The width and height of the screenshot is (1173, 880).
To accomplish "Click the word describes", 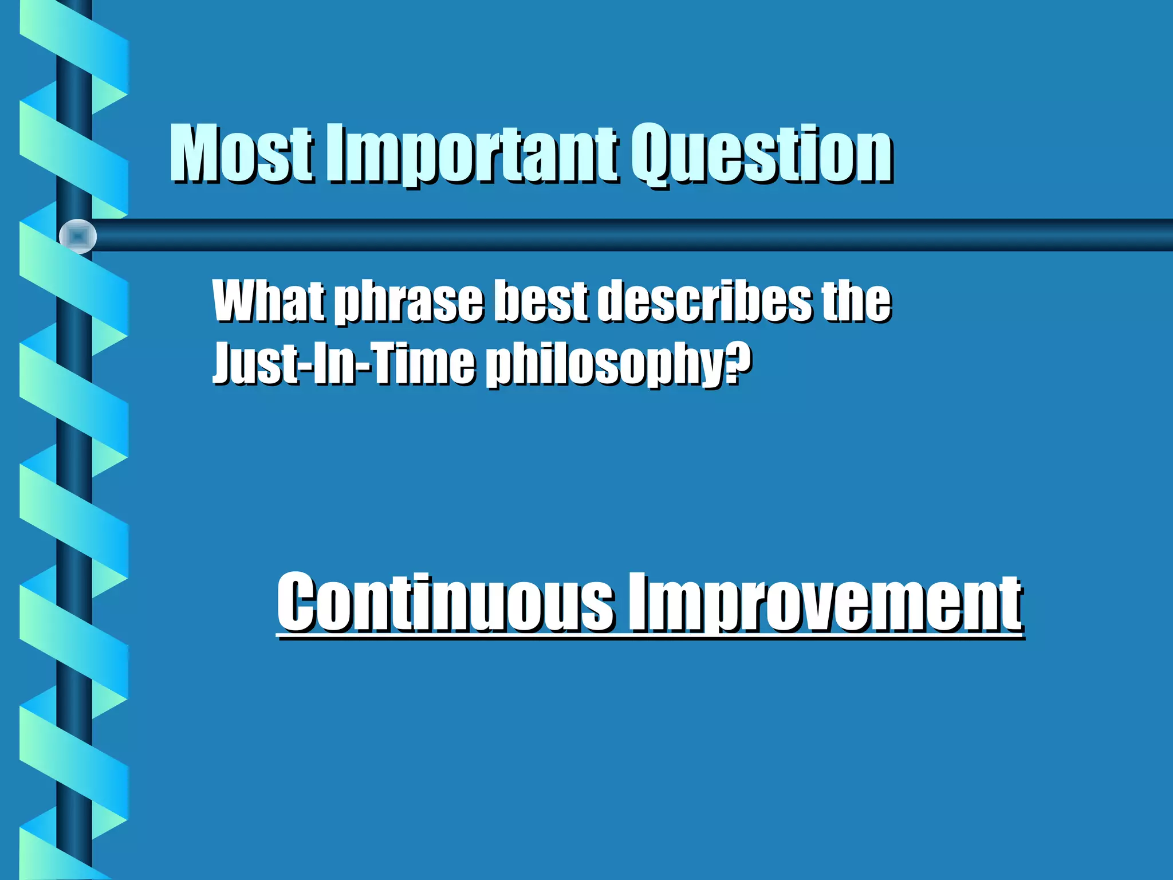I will click(704, 301).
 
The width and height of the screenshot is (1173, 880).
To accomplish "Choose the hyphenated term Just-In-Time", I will click(344, 363).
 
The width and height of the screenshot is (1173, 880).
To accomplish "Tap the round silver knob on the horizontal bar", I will click(78, 236).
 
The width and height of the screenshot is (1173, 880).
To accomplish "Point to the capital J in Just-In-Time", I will click(223, 363).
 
